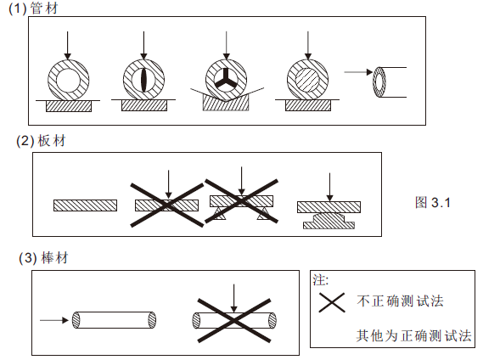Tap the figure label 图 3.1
(x=433, y=203)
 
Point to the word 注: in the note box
(x=321, y=279)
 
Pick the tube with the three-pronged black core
(x=226, y=81)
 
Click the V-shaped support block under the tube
(x=226, y=104)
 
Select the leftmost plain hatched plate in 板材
(x=85, y=205)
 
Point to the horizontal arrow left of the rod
(x=53, y=320)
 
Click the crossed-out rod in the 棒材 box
(x=234, y=320)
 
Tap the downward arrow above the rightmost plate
(x=329, y=184)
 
